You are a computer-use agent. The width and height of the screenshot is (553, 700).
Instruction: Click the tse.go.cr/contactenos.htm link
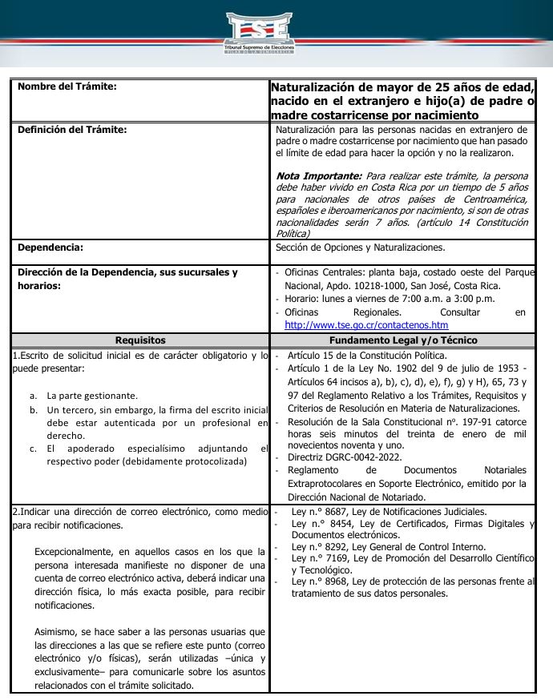(x=366, y=325)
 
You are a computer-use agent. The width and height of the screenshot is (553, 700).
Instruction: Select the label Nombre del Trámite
(x=67, y=86)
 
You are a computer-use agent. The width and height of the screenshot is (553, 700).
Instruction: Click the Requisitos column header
(x=140, y=340)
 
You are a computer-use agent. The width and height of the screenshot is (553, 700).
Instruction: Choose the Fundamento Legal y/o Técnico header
(x=403, y=340)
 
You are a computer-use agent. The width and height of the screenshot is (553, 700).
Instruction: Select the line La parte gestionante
(x=92, y=396)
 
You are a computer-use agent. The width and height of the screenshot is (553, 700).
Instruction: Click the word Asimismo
(x=57, y=632)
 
